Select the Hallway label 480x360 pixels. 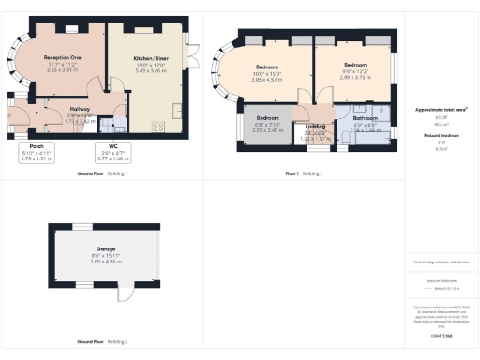point(81,109)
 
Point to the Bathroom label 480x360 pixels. point(365,119)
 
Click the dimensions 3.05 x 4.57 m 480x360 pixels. point(267,81)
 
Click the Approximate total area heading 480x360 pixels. point(440,110)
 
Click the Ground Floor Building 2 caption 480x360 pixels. point(101,341)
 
